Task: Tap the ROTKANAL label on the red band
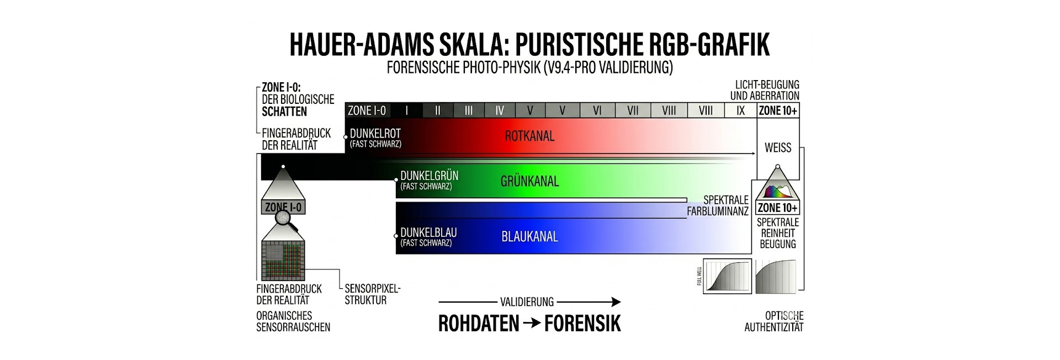[x=529, y=136]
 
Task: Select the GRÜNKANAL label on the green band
[x=529, y=181]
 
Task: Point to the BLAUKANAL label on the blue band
[x=529, y=237]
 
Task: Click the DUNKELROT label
[x=375, y=134]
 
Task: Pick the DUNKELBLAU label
[x=428, y=232]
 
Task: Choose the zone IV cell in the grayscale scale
[x=500, y=110]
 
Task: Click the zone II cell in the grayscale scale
[x=438, y=110]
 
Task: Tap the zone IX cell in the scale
[x=740, y=110]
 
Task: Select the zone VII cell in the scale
[x=633, y=110]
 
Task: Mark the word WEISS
[x=778, y=147]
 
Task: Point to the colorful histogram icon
[x=777, y=192]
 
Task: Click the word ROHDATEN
[x=479, y=324]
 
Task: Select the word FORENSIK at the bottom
[x=582, y=324]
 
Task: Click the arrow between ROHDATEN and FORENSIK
[x=532, y=324]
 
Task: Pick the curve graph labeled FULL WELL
[x=727, y=276]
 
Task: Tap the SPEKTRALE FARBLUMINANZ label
[x=718, y=205]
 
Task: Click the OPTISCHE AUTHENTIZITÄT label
[x=774, y=321]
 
